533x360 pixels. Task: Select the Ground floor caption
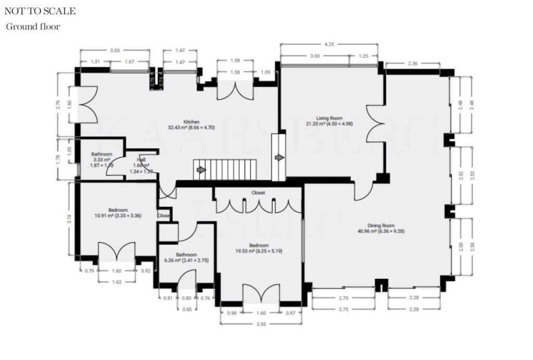point(33,27)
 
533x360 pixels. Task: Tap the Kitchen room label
point(177,122)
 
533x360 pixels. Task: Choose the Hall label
point(141,160)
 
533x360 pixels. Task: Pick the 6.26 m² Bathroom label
point(186,255)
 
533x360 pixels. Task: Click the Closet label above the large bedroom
point(258,192)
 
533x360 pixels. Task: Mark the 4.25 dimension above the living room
point(329,44)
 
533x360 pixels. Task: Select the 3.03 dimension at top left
point(115,50)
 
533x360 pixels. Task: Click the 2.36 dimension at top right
point(413,64)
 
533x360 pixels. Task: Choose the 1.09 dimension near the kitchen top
point(265,71)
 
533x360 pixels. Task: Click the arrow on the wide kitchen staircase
point(200,170)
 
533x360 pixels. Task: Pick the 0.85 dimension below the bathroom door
point(186,308)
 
